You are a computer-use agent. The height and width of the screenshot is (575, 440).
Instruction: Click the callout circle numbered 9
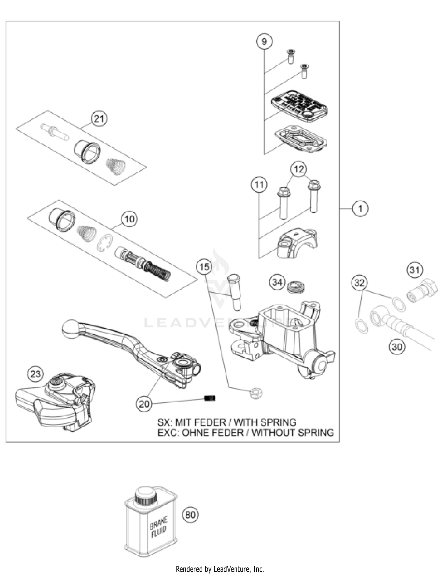[x=264, y=42]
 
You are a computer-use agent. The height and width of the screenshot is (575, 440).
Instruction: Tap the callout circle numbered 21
[x=99, y=119]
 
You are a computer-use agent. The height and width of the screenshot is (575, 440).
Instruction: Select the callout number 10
[x=130, y=219]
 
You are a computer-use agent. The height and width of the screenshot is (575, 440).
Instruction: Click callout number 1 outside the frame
[x=360, y=209]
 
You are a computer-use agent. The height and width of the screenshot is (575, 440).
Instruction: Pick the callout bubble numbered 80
[x=190, y=515]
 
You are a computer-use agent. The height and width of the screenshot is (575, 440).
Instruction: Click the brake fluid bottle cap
[x=145, y=496]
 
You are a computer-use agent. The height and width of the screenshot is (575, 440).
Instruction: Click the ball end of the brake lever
[x=70, y=329]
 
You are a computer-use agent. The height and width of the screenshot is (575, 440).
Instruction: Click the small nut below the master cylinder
[x=256, y=393]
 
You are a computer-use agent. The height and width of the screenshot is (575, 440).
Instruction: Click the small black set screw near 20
[x=210, y=398]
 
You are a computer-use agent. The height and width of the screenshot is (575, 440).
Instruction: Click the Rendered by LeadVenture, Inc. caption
[x=220, y=569]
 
